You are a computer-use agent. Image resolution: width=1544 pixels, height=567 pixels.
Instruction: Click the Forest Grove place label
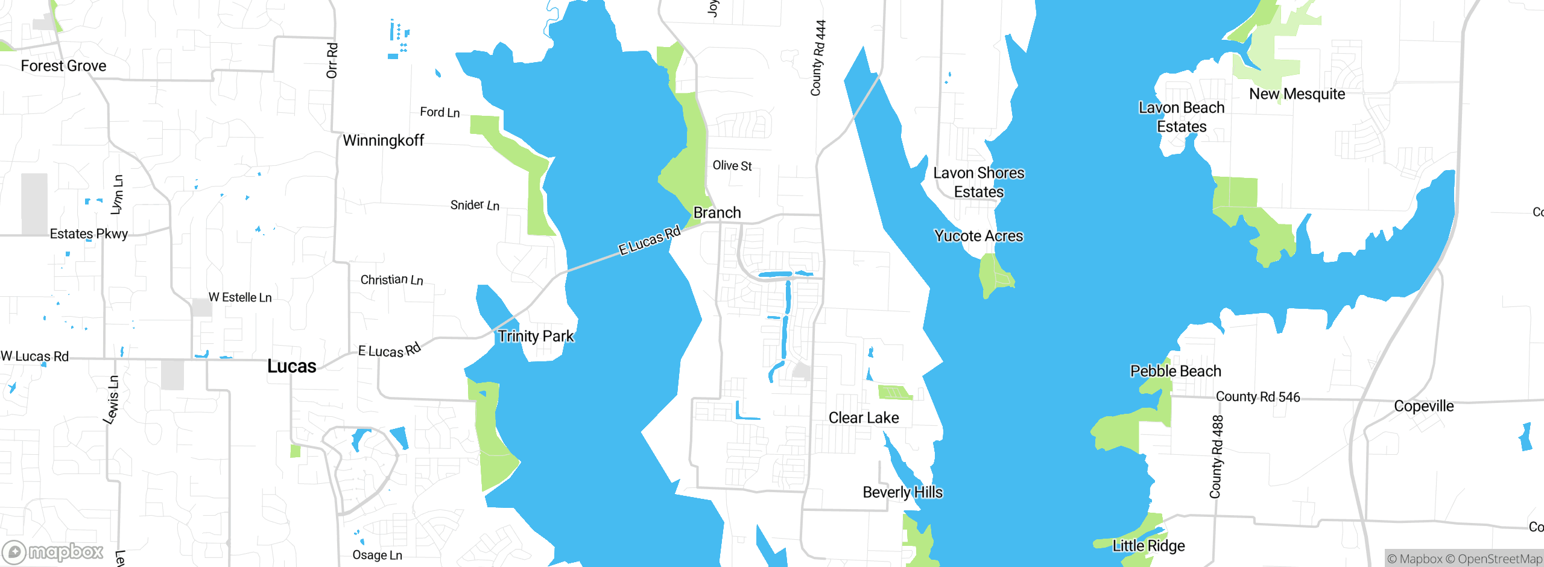point(63,66)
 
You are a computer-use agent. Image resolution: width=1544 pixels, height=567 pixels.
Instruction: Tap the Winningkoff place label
point(384,141)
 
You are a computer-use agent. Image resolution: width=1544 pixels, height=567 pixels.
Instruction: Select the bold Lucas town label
point(292,366)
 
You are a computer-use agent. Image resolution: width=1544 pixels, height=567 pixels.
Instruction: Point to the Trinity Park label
point(536,336)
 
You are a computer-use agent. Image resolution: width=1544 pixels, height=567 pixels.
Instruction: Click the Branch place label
point(717,212)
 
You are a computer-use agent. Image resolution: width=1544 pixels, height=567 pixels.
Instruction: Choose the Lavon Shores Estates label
point(979,182)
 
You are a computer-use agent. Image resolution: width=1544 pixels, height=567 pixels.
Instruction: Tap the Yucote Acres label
point(979,236)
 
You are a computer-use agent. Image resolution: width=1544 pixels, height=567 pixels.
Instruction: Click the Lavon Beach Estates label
point(1182,117)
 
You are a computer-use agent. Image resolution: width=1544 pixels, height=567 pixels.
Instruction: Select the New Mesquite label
point(1297,94)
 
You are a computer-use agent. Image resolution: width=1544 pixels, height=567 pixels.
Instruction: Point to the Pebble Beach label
point(1175,371)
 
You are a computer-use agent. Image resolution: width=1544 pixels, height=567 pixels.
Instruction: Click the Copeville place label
point(1424,406)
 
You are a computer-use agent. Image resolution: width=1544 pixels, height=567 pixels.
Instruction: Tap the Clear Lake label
point(864,417)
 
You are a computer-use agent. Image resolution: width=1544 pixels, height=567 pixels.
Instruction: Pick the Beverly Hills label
point(903,492)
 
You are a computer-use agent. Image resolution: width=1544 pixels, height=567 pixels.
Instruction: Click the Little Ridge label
point(1149,546)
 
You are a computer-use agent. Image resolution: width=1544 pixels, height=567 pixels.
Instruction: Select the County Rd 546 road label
point(1258,396)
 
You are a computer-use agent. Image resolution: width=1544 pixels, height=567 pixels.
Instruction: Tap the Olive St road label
point(732,165)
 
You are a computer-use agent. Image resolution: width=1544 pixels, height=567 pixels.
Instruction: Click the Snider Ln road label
point(475,205)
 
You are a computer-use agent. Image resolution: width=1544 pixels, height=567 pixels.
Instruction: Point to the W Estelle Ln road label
point(240,297)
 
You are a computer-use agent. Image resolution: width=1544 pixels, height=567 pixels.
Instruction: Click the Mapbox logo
point(53,552)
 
